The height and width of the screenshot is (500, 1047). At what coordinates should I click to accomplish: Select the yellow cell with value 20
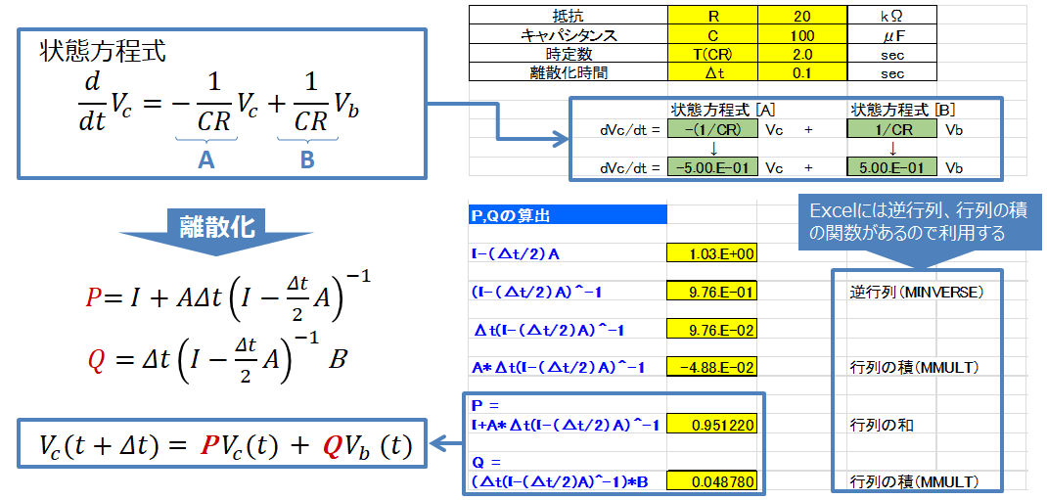tap(801, 16)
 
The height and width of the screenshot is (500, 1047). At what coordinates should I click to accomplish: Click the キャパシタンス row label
tap(568, 34)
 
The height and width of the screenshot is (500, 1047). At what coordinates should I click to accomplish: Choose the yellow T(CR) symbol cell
tap(711, 54)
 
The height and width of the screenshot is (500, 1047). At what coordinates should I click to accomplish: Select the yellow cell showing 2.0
tap(801, 54)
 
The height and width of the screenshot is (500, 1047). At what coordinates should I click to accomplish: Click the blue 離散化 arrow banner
tap(216, 229)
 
